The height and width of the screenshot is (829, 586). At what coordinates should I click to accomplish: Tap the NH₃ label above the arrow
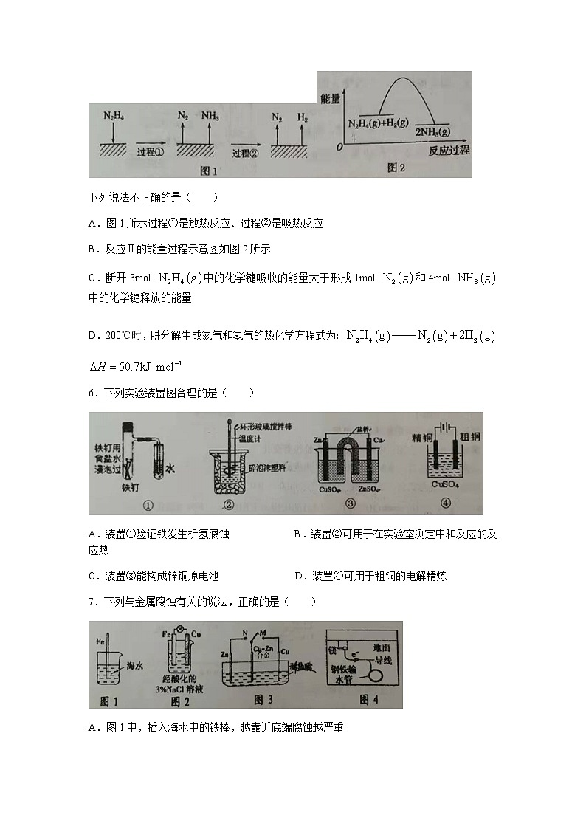[x=210, y=116]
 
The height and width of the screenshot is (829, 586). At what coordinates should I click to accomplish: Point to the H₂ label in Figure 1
[x=303, y=117]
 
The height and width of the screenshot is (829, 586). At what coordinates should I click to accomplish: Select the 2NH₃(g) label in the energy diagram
[x=432, y=132]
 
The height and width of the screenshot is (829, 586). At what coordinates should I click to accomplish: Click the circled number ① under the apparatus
[x=147, y=506]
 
